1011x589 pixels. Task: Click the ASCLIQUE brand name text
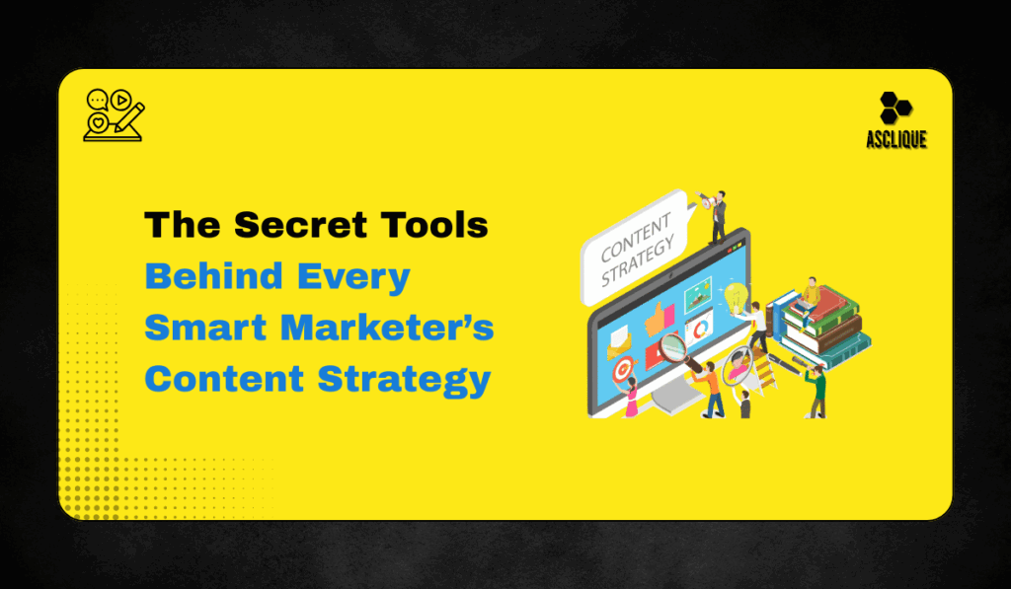tap(896, 140)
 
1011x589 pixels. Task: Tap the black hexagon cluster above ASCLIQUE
tap(895, 108)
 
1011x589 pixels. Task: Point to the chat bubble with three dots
tap(97, 100)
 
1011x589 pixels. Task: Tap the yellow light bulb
tap(735, 294)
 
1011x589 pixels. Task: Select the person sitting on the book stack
tap(810, 295)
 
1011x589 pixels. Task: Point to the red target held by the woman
tap(622, 369)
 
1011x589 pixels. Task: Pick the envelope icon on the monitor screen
tap(619, 341)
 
